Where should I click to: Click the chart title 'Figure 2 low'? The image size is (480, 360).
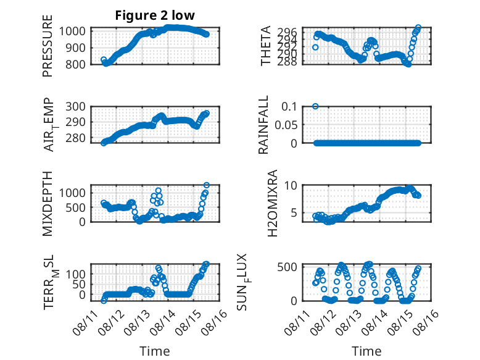pyautogui.click(x=155, y=15)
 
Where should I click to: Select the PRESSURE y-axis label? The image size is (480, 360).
pyautogui.click(x=48, y=46)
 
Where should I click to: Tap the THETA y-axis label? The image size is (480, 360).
pyautogui.click(x=265, y=46)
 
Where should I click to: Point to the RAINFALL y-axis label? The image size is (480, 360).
pyautogui.click(x=263, y=125)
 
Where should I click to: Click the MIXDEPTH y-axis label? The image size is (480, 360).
pyautogui.click(x=48, y=204)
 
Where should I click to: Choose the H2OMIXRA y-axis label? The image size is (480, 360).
pyautogui.click(x=272, y=203)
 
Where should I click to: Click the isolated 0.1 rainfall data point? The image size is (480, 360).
pyautogui.click(x=315, y=106)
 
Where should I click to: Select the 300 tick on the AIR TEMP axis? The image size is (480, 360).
pyautogui.click(x=75, y=107)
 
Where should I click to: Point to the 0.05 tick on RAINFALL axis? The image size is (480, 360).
pyautogui.click(x=286, y=125)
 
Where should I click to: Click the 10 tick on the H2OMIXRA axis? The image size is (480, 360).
pyautogui.click(x=291, y=185)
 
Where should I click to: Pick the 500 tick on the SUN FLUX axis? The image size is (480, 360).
pyautogui.click(x=287, y=267)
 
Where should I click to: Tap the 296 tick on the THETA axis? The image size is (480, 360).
pyautogui.click(x=287, y=32)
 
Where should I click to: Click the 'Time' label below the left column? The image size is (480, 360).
pyautogui.click(x=155, y=351)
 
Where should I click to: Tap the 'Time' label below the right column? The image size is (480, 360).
pyautogui.click(x=366, y=351)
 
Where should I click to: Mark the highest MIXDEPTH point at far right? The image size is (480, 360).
pyautogui.click(x=207, y=185)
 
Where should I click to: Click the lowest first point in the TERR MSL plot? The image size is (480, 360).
pyautogui.click(x=104, y=301)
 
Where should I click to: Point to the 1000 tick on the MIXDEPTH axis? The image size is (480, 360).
pyautogui.click(x=72, y=193)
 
